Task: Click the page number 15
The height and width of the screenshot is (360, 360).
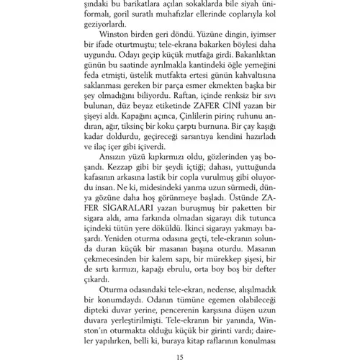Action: pos(180,355)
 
